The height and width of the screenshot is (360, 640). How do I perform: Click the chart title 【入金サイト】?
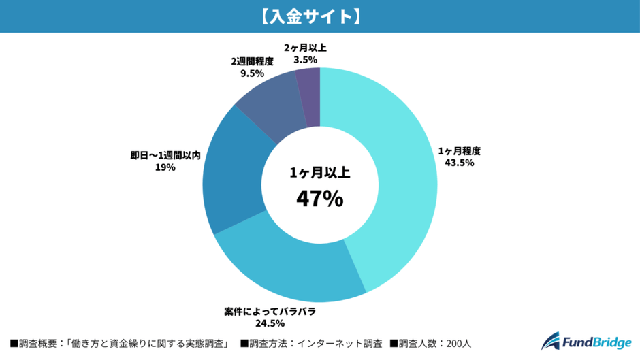click(x=319, y=16)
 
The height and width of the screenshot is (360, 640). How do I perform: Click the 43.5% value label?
click(x=454, y=163)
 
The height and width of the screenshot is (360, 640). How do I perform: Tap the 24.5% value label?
click(x=270, y=324)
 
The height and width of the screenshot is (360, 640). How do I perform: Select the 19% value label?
click(x=165, y=167)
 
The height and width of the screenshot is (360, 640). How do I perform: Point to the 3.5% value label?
click(x=306, y=60)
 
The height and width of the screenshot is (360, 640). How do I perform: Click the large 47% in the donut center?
click(x=319, y=198)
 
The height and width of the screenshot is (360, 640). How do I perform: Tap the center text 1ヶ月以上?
click(x=319, y=173)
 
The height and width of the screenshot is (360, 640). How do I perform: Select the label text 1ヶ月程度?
click(x=454, y=151)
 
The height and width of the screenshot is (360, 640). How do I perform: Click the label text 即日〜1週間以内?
click(x=165, y=155)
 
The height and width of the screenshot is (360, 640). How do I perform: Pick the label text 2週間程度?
click(x=252, y=61)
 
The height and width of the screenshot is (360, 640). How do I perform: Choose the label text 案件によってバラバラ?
click(x=270, y=312)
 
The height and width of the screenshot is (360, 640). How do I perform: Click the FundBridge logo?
click(x=586, y=341)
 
